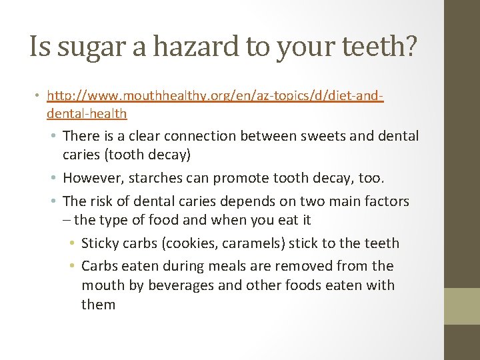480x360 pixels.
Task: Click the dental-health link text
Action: pyautogui.click(x=87, y=114)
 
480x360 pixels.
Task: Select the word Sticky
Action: pyautogui.click(x=100, y=243)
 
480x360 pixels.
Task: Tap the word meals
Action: pyautogui.click(x=217, y=266)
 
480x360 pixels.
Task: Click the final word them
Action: pyautogui.click(x=98, y=305)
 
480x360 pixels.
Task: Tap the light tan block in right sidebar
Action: pyautogui.click(x=461, y=305)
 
